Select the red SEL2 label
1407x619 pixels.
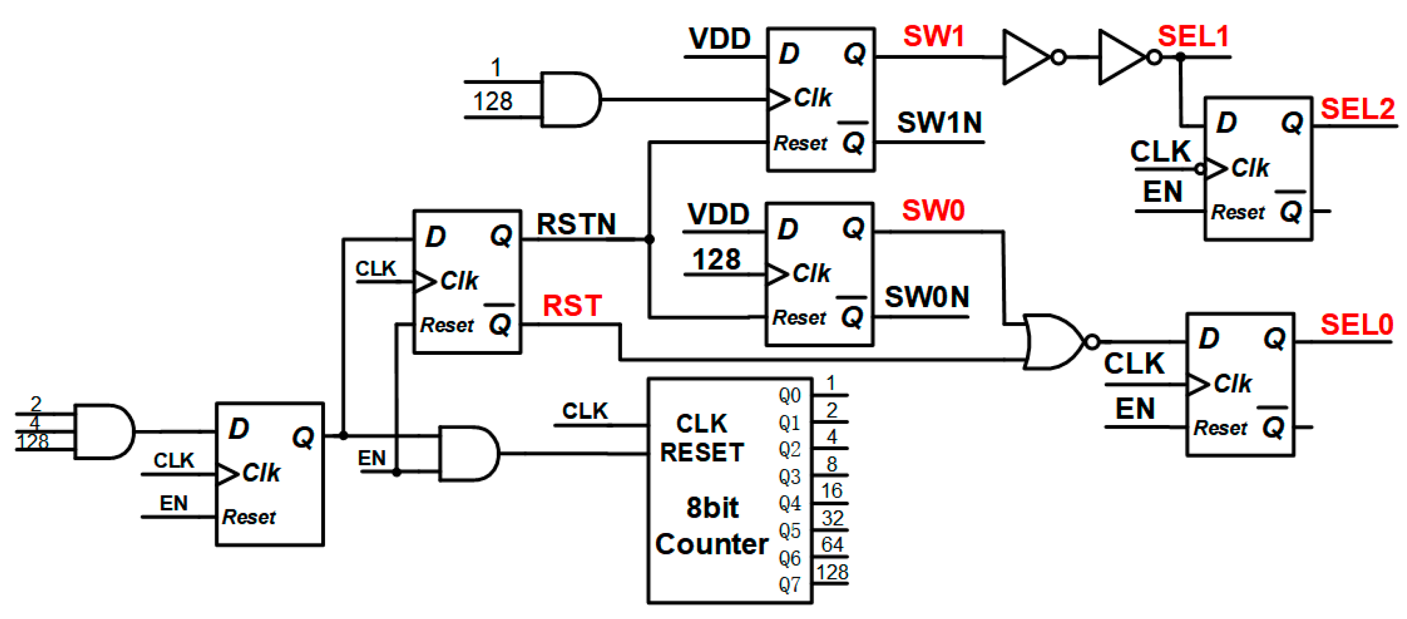[1357, 109]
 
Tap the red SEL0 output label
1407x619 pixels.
[1356, 325]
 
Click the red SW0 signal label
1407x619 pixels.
[932, 210]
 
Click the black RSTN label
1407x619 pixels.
[576, 224]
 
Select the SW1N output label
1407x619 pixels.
[939, 122]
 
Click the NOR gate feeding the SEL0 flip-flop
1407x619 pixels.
[1054, 342]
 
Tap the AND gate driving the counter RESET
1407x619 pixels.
[468, 454]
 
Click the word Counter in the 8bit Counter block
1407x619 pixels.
[711, 544]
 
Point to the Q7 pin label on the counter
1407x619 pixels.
[789, 585]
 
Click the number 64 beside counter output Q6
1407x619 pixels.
[832, 544]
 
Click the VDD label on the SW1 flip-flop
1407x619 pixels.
[719, 39]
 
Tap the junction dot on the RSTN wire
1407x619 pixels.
[649, 239]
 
